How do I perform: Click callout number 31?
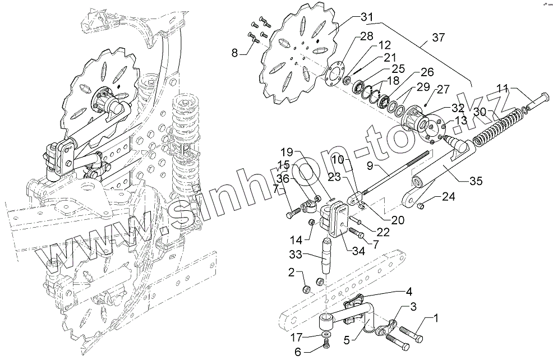367,17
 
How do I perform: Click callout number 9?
370,166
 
